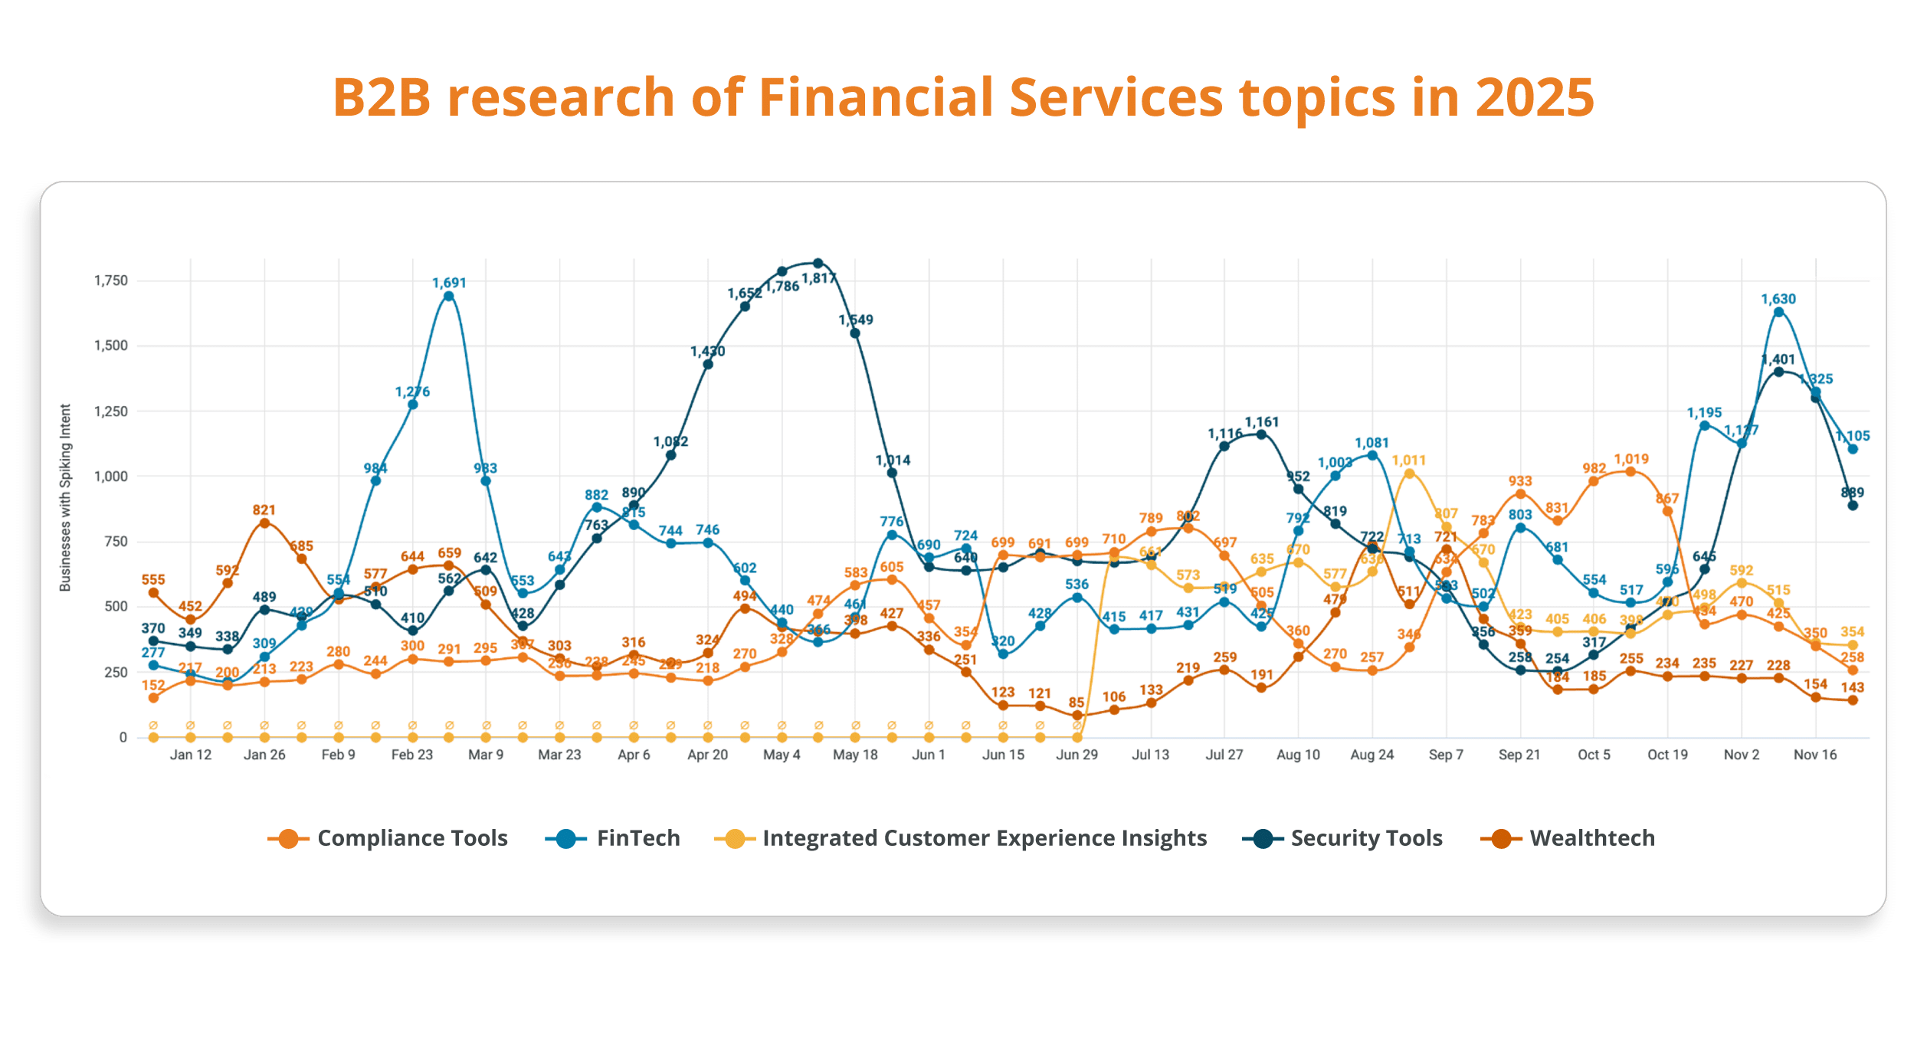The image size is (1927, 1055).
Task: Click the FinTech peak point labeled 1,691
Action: pos(449,297)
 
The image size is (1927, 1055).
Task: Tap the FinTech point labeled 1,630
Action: pos(1778,312)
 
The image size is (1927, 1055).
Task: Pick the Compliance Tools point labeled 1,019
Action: pos(1630,472)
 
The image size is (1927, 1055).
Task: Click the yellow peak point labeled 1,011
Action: pos(1409,473)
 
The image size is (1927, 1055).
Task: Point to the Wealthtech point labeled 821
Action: pos(264,523)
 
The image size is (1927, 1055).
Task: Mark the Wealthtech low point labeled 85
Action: pos(1077,716)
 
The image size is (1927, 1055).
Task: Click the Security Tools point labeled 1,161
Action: pos(1261,434)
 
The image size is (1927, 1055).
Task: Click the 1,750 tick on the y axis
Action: pos(111,281)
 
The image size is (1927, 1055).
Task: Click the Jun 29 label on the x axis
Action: pos(1077,755)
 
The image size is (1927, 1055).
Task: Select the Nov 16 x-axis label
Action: pos(1815,755)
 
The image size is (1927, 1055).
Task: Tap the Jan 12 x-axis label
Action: pos(191,755)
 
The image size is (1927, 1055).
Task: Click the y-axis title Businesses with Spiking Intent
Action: pos(65,498)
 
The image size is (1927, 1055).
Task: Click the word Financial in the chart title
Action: pos(877,97)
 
